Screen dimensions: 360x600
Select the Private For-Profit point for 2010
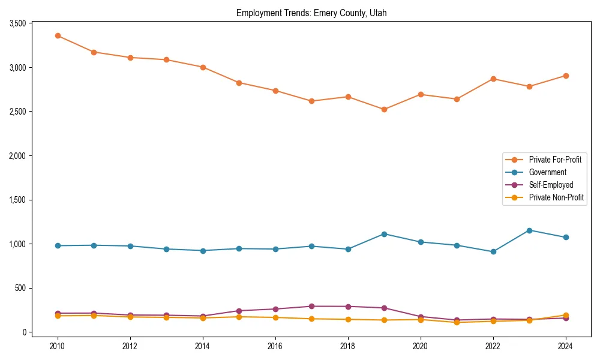[58, 35]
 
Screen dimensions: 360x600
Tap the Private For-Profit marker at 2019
[384, 109]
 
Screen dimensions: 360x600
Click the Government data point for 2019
[384, 234]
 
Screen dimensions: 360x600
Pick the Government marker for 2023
[529, 230]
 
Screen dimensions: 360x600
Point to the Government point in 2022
[493, 251]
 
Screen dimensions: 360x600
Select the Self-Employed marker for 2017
[311, 307]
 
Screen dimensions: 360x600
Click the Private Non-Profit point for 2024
[566, 315]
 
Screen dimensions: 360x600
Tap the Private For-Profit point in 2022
[493, 79]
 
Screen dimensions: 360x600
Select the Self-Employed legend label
[551, 185]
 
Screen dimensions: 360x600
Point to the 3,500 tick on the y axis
[17, 23]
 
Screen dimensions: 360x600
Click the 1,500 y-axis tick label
[17, 200]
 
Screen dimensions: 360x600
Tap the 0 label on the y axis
[24, 332]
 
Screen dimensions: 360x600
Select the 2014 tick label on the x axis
[203, 346]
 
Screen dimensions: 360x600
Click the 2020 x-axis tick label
[421, 346]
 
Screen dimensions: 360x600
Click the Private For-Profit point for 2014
[203, 67]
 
